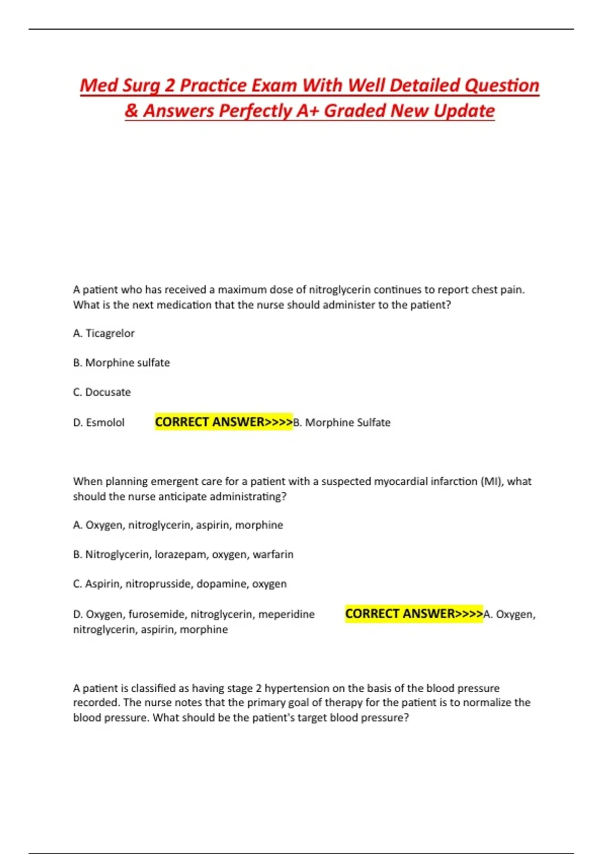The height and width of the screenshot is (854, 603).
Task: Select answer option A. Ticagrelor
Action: (104, 334)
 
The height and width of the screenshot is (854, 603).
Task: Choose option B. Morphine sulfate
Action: (121, 363)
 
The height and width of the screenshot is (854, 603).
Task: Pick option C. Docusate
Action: (102, 392)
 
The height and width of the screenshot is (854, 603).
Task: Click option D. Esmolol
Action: (98, 422)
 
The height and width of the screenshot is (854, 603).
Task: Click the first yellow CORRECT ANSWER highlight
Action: (223, 422)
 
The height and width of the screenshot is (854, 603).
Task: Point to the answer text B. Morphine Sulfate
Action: (342, 422)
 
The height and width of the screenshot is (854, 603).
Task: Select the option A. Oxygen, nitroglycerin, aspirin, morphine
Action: (178, 525)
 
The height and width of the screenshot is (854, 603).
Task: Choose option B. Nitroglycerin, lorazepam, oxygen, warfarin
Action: (183, 555)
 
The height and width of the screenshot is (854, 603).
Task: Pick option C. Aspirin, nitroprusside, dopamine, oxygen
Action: (179, 584)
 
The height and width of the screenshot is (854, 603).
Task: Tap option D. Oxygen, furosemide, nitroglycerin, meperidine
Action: (193, 614)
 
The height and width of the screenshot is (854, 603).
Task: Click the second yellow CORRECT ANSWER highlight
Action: (414, 614)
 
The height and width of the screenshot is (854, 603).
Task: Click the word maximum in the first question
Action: (242, 290)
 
